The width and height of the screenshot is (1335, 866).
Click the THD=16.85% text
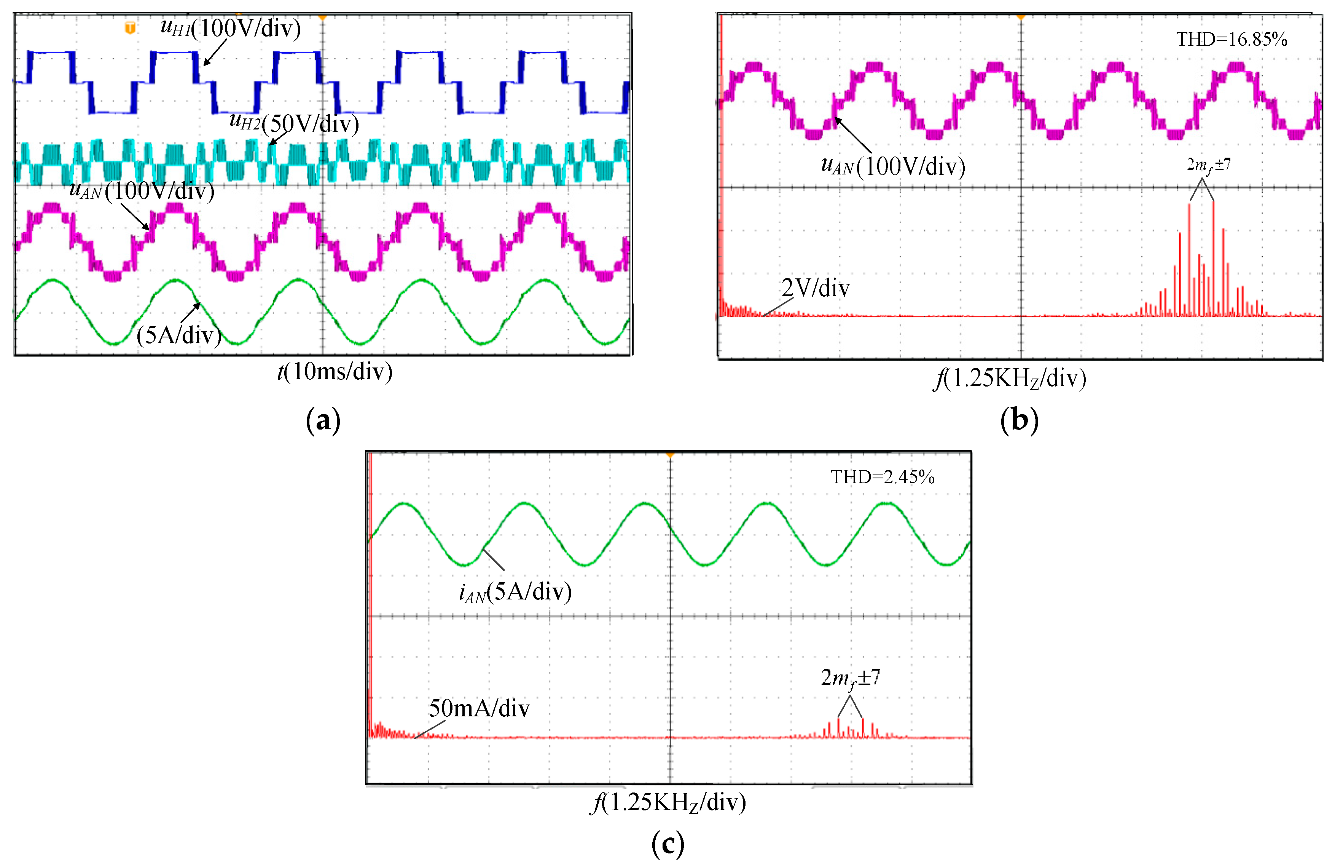(x=1231, y=39)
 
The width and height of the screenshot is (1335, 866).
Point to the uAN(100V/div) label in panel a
(x=141, y=191)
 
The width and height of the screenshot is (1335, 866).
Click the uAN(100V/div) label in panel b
(x=892, y=166)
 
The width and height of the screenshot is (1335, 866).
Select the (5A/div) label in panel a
(x=178, y=335)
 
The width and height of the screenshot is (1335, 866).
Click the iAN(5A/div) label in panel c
(x=515, y=591)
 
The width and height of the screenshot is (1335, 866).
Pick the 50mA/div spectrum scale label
(x=478, y=708)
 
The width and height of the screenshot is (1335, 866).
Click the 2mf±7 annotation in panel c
(x=850, y=677)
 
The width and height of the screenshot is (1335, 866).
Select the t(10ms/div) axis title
(x=335, y=372)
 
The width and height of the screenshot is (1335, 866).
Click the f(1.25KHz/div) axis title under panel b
(x=1010, y=378)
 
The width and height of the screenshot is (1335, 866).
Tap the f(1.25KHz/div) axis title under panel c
(x=668, y=802)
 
